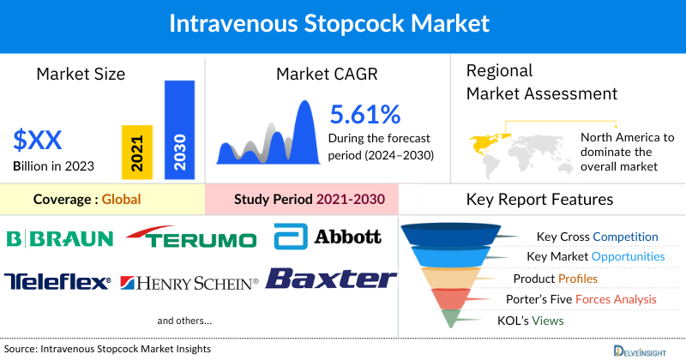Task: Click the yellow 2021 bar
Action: point(137,149)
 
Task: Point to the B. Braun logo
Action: point(58,237)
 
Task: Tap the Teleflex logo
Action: point(57,281)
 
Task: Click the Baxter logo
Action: point(331,279)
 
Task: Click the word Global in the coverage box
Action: point(121,200)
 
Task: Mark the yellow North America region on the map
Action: point(485,141)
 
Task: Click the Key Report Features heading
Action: point(539,200)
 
